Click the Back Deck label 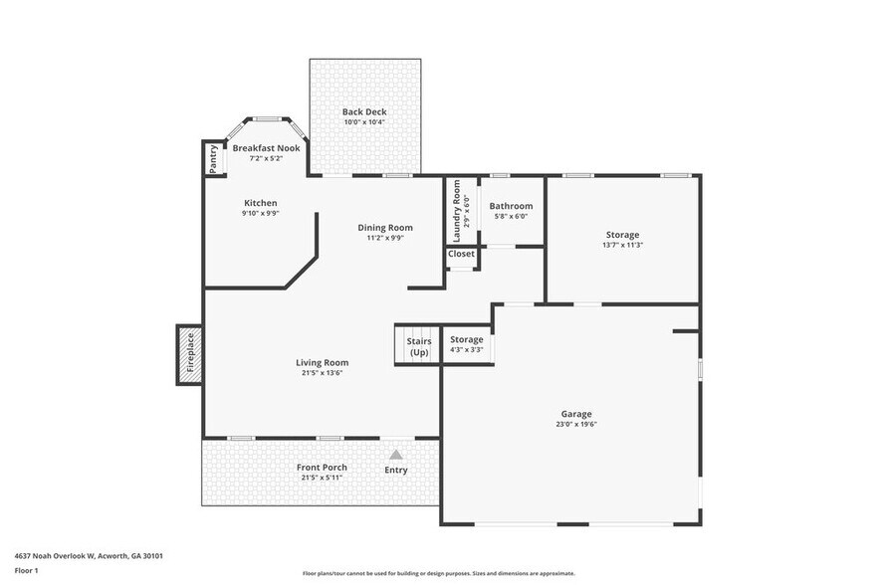(364, 112)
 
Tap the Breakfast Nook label (266, 148)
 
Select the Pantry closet (213, 159)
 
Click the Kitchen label (260, 203)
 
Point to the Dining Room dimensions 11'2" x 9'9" (385, 238)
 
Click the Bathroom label (511, 206)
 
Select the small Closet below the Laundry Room (461, 255)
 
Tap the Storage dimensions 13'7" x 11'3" (622, 245)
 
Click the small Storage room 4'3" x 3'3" (466, 344)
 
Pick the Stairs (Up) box (418, 346)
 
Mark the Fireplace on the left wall (190, 353)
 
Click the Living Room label (322, 363)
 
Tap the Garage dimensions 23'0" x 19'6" (576, 424)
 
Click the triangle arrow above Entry (396, 455)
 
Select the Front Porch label (322, 468)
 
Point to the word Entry (396, 470)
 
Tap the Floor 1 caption (26, 570)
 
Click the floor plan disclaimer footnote (438, 573)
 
